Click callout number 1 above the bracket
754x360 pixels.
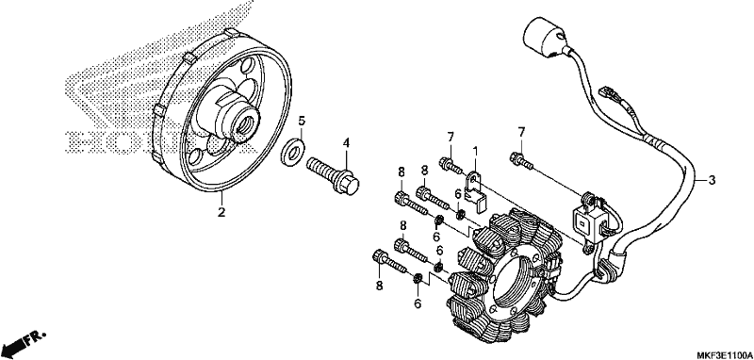point(475,153)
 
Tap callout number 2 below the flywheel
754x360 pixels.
point(221,212)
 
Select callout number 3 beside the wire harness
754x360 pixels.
point(712,180)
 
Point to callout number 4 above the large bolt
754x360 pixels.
point(346,142)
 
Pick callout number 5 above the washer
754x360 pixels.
point(301,121)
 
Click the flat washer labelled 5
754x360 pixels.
point(291,149)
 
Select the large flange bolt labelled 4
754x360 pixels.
point(334,176)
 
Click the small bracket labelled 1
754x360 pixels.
point(477,192)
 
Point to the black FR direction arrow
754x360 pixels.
point(14,345)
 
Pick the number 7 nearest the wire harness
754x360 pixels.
point(521,131)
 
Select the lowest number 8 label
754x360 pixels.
point(380,286)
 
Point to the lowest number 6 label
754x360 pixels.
point(418,303)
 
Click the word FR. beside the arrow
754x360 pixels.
point(36,338)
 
